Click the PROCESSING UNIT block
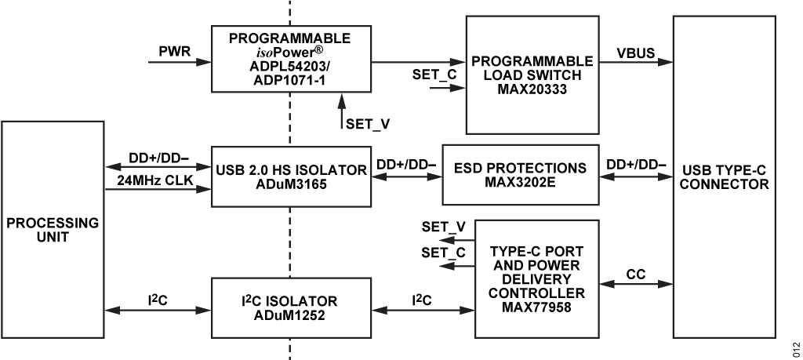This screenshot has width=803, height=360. pos(53,229)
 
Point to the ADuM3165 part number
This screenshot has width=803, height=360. pos(291,184)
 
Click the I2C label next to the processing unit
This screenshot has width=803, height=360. pos(159,299)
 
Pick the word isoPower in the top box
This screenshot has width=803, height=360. pos(290,52)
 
